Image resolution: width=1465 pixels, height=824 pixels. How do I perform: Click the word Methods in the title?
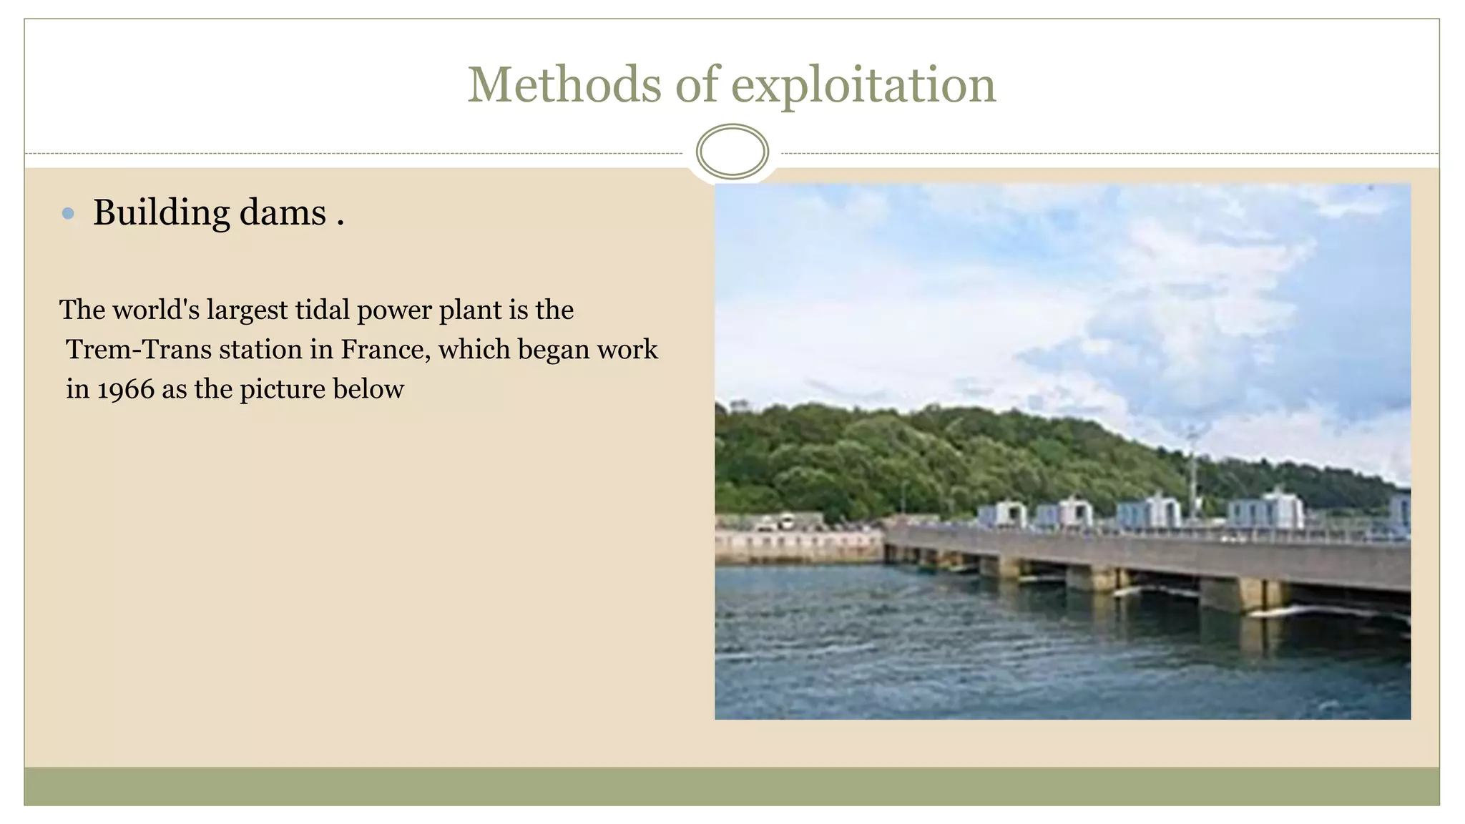click(x=564, y=85)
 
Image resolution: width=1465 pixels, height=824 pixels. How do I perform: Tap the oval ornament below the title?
click(x=732, y=151)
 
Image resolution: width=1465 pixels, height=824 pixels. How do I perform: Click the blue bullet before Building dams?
click(x=68, y=213)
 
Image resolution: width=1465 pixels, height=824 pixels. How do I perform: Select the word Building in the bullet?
click(x=161, y=213)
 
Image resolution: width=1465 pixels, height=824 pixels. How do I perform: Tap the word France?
click(x=385, y=350)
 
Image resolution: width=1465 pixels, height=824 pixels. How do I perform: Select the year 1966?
click(x=126, y=390)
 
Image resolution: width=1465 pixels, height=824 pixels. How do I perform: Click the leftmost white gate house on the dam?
click(x=1001, y=514)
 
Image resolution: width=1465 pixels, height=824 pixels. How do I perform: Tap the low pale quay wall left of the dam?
click(x=798, y=547)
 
